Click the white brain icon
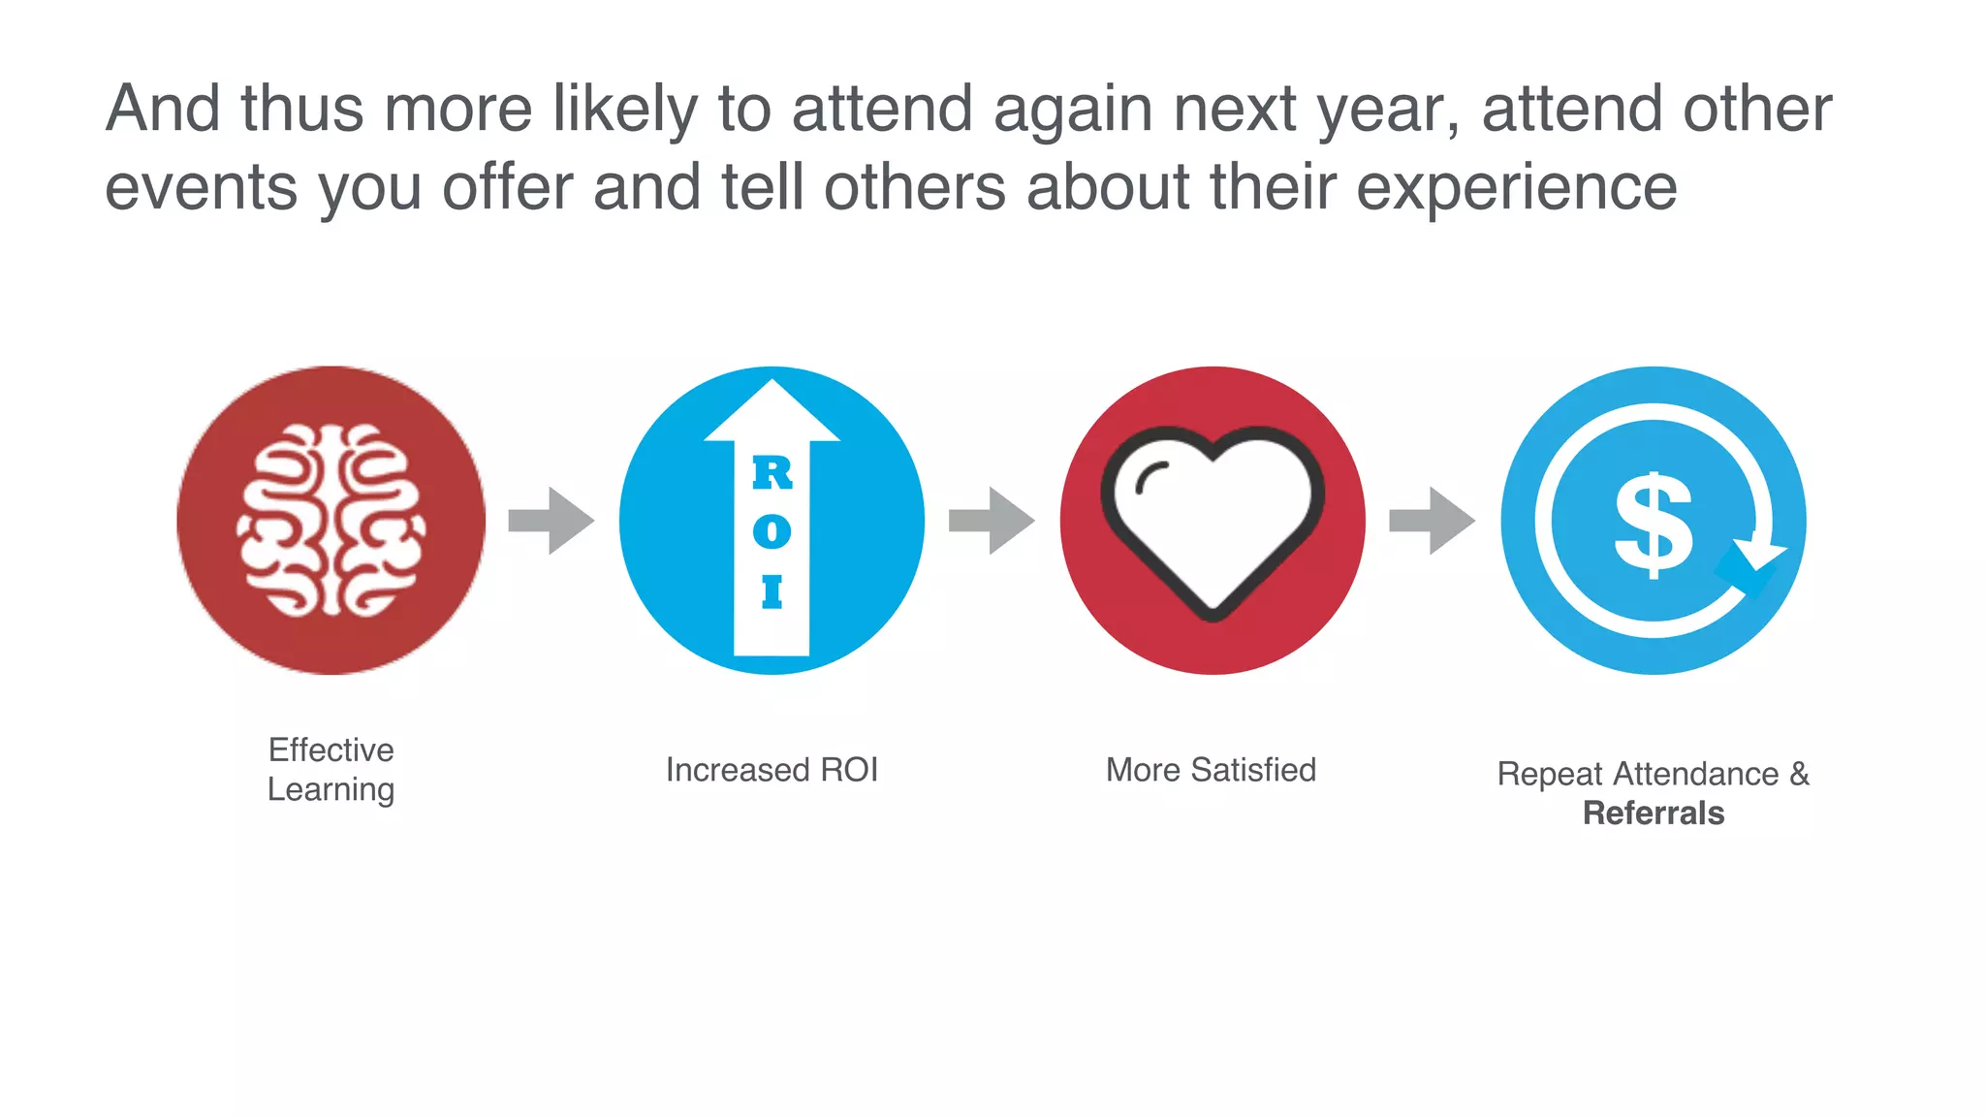(x=331, y=521)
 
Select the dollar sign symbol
(x=1654, y=525)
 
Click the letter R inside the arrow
(x=772, y=473)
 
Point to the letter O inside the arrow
(x=772, y=531)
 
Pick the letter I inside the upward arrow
(x=772, y=591)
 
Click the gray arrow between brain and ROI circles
(x=551, y=521)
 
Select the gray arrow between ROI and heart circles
(x=991, y=521)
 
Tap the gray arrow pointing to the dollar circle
(x=1432, y=521)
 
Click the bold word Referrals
(x=1654, y=813)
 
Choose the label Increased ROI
(x=772, y=770)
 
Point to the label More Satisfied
(x=1211, y=770)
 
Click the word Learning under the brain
(x=331, y=790)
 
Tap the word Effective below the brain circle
(x=331, y=750)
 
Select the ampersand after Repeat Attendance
(x=1799, y=774)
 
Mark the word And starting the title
(x=163, y=108)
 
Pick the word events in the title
(x=202, y=186)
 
